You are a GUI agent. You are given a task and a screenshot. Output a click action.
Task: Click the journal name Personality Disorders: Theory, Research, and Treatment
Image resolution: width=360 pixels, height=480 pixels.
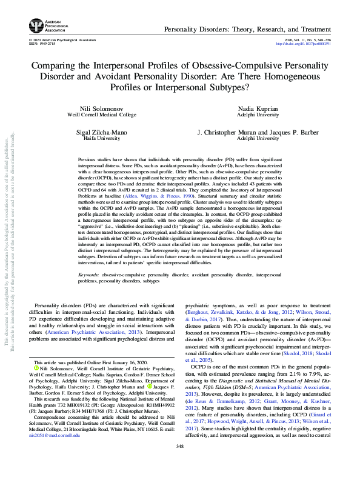coord(242,29)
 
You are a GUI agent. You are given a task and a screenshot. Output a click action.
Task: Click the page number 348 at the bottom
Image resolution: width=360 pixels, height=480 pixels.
coord(180,462)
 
